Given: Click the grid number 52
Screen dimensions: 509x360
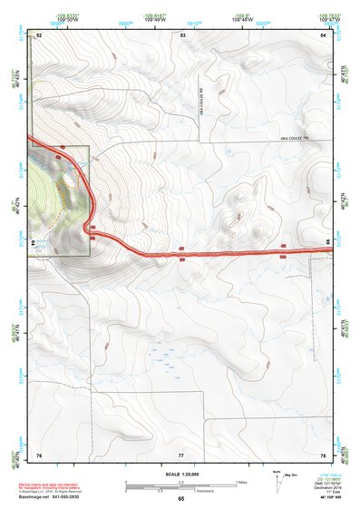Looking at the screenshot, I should (40, 34).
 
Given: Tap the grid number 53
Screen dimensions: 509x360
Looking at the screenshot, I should (182, 34).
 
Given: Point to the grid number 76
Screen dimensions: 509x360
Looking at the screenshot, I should (39, 454).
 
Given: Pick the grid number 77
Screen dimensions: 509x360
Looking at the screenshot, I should (181, 454).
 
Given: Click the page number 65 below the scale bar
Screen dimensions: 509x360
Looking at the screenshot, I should (181, 499).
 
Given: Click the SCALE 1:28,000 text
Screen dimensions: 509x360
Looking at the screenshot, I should (181, 475).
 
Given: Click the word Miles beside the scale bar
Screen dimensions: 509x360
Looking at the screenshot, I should (242, 482).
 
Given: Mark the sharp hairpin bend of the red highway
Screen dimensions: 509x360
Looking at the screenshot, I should (88, 226).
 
